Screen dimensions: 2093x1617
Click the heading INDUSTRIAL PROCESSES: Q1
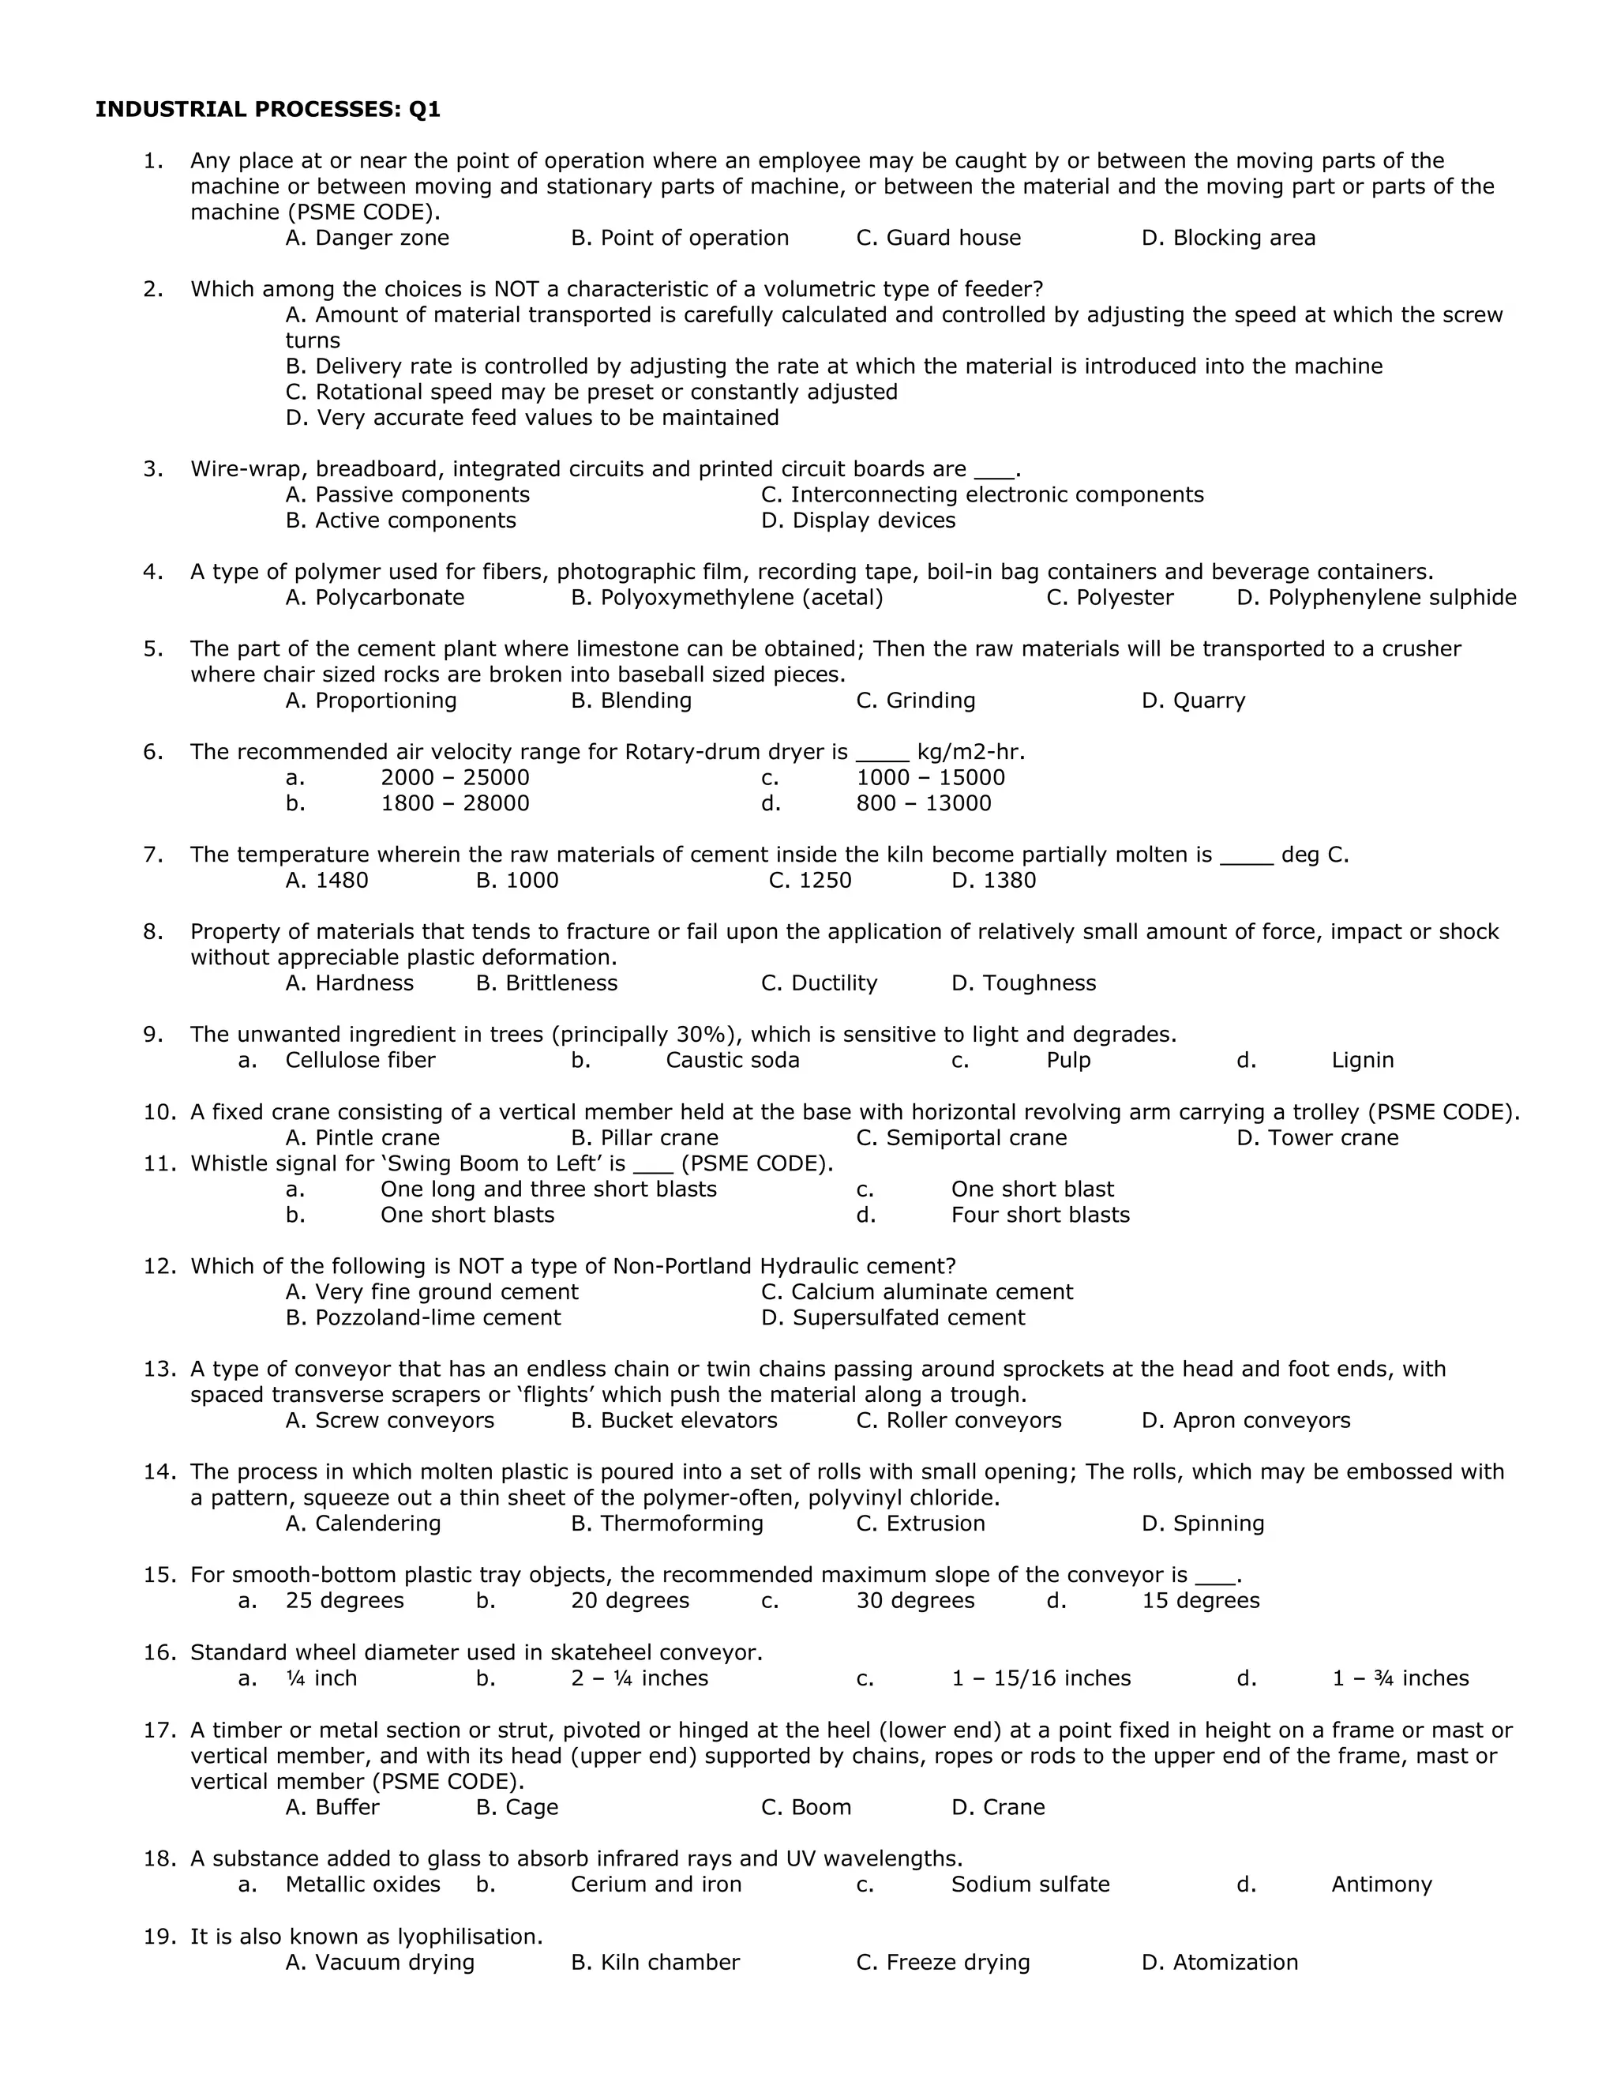tap(268, 109)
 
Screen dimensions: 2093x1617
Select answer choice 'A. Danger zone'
tap(367, 238)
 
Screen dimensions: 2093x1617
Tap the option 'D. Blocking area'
tap(1228, 238)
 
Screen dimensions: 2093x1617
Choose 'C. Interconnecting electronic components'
tap(982, 494)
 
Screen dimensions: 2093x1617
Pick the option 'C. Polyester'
tap(1109, 597)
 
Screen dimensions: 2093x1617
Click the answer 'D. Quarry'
tap(1193, 701)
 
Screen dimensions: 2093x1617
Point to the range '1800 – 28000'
tap(455, 803)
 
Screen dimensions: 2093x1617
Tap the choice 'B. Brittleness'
tap(546, 983)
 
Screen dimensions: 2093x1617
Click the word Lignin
tap(1362, 1060)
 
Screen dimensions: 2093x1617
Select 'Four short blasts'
tap(1041, 1216)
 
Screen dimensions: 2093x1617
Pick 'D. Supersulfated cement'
tap(893, 1317)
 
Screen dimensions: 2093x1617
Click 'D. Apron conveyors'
tap(1245, 1420)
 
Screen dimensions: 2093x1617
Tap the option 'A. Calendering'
tap(363, 1523)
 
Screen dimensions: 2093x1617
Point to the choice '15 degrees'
tap(1200, 1600)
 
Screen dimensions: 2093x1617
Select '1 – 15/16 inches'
tap(1041, 1678)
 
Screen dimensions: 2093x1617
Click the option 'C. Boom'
tap(805, 1806)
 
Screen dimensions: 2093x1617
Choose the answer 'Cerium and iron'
tap(656, 1884)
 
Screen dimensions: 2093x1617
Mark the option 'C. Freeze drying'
tap(943, 1962)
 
